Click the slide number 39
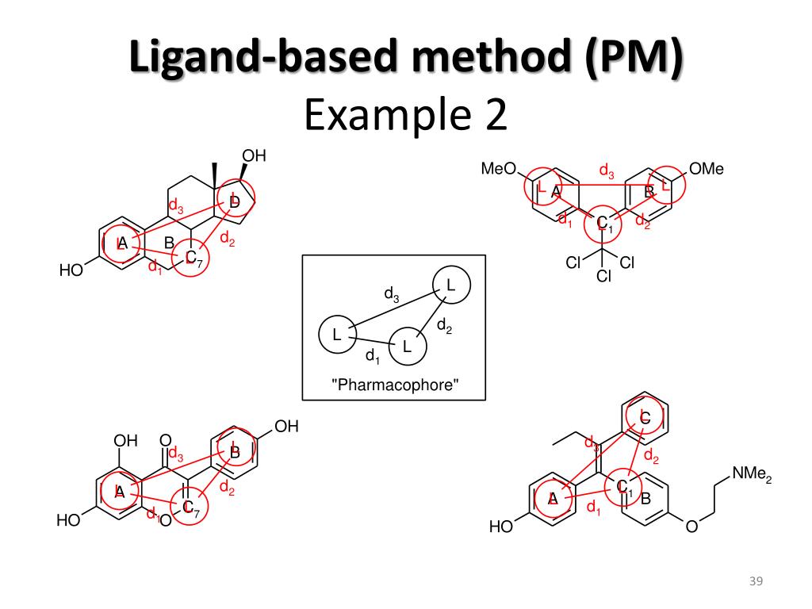pos(755,584)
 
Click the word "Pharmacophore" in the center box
pos(394,385)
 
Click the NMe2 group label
pos(751,474)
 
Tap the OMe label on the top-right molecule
pos(707,169)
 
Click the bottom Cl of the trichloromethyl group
pos(603,277)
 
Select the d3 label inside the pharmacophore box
pos(392,295)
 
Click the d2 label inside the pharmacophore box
pos(444,324)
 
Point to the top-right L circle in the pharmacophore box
pos(450,285)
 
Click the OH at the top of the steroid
pos(253,156)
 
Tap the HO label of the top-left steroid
pos(71,271)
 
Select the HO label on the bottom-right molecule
pos(500,527)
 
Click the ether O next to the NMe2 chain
pos(691,526)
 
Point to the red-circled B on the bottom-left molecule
pos(234,451)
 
